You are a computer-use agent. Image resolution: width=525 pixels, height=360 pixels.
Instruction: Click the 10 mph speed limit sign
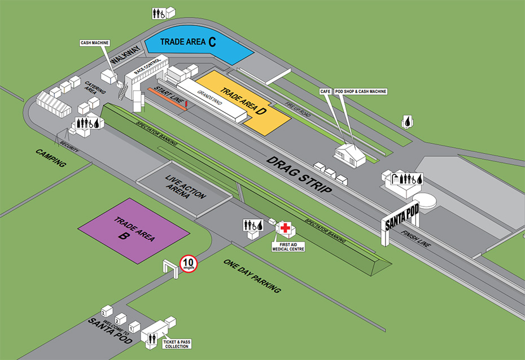tap(188, 264)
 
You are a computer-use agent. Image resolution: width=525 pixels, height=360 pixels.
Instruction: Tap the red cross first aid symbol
tap(286, 229)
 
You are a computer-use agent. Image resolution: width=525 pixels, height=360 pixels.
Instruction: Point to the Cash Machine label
tap(94, 42)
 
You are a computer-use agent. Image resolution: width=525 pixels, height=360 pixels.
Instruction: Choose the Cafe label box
tap(325, 91)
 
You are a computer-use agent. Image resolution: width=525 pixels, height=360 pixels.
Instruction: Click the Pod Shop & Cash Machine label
tap(361, 91)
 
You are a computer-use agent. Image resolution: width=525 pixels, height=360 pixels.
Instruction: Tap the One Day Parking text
tap(252, 276)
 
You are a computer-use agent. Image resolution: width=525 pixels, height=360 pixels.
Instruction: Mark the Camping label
tap(51, 159)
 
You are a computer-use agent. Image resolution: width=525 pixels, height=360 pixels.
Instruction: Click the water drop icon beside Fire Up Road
tap(407, 121)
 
